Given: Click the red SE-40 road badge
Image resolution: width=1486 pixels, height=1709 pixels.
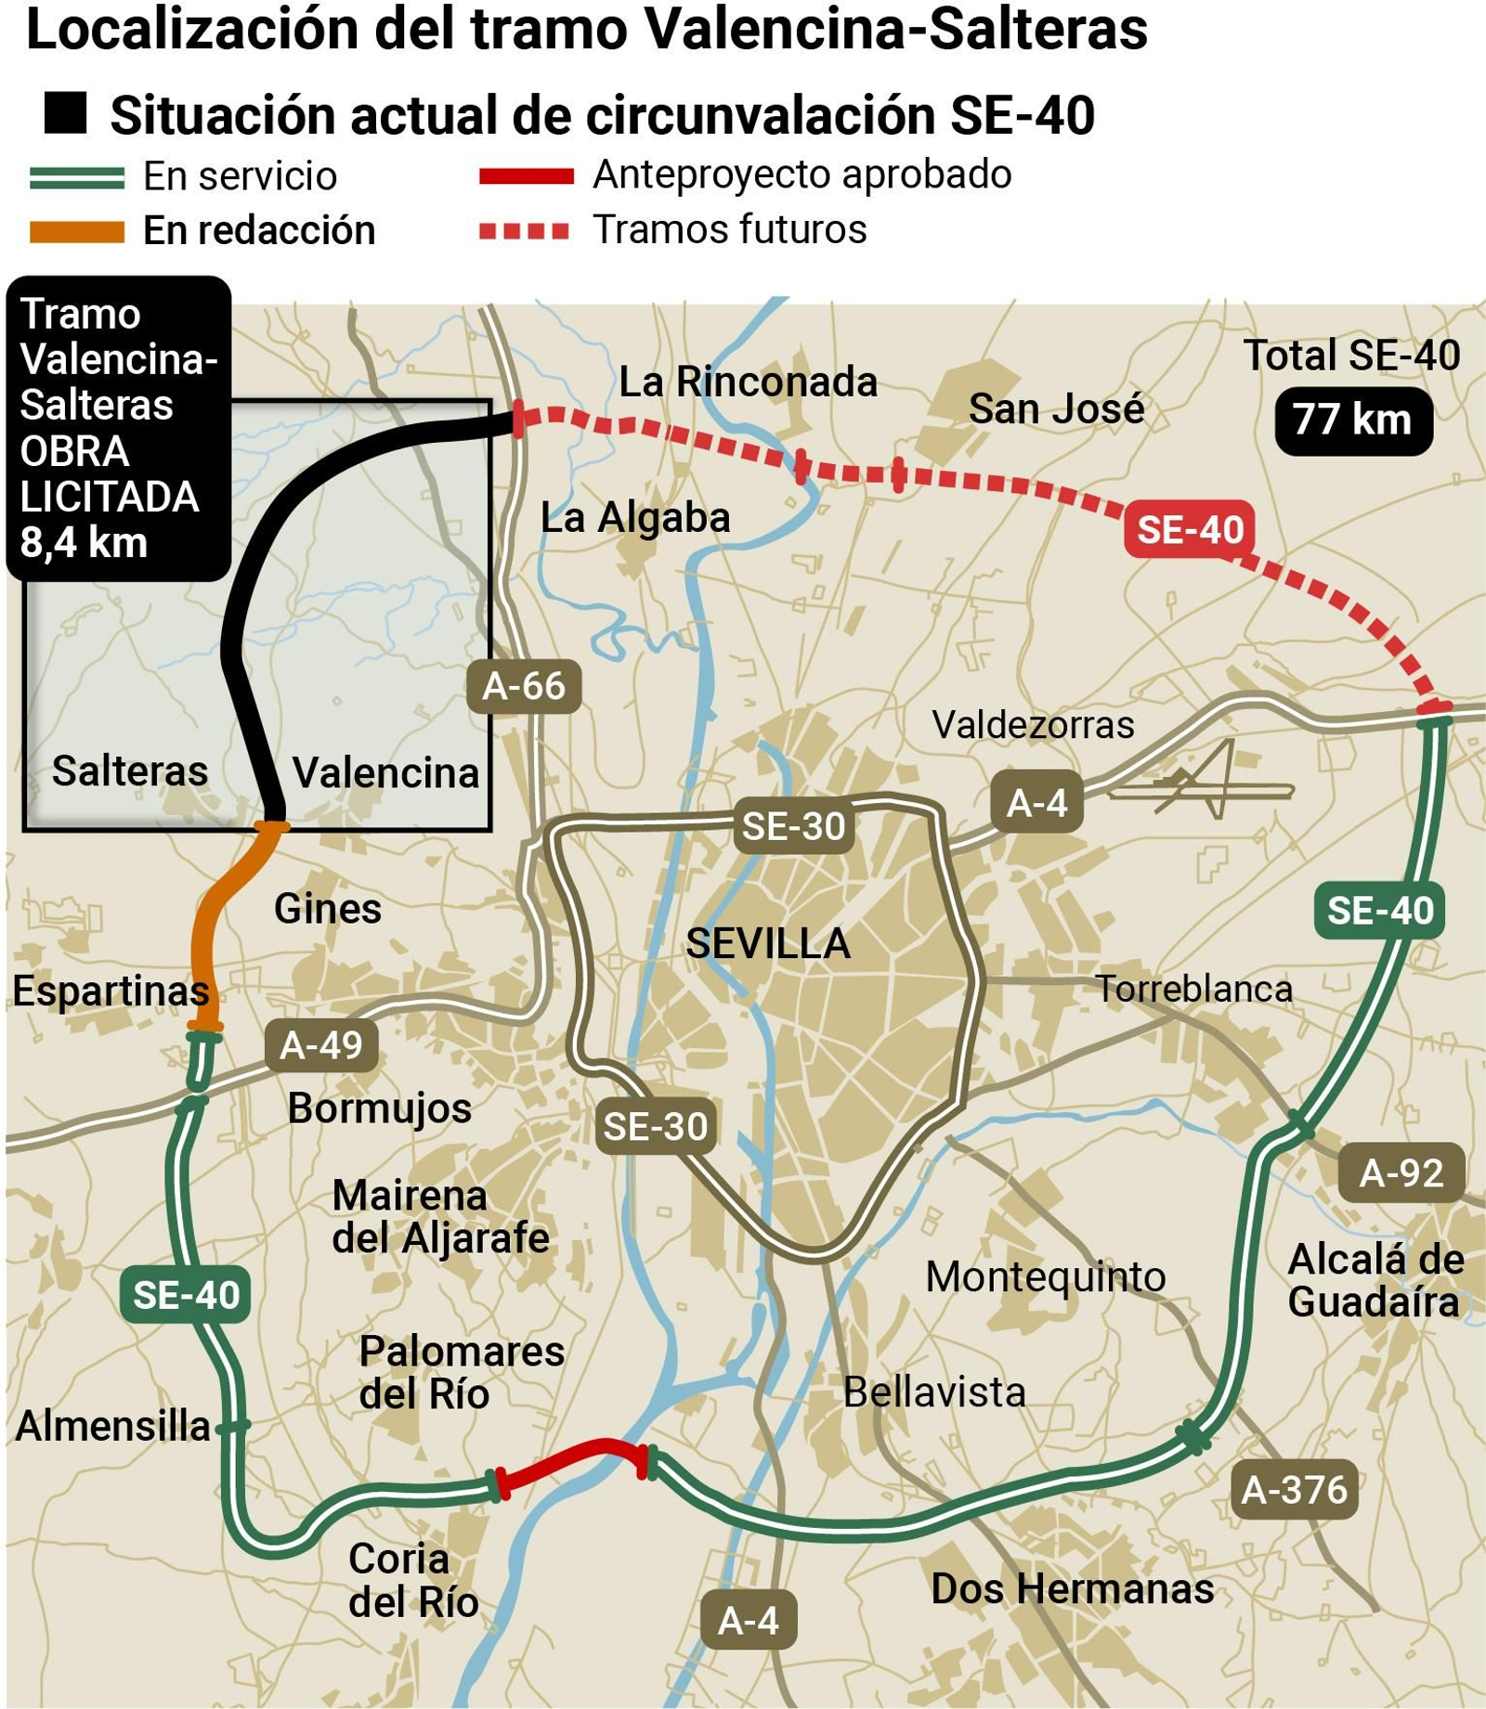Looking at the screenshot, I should pos(1190,529).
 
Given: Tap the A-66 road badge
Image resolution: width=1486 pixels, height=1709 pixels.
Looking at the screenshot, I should pos(524,686).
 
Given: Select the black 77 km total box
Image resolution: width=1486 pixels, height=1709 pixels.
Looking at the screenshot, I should pos(1353,420).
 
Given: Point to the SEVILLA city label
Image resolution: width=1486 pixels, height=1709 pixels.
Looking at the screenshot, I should pos(768,943).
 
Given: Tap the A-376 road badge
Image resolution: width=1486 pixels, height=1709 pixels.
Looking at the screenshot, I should pos(1294,1489).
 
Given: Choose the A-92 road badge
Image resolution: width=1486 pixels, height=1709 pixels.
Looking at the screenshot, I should pos(1401,1173).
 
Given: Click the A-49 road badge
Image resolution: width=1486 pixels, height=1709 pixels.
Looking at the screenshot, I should pos(321,1045).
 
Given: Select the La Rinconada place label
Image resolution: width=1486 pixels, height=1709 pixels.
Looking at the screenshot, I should pos(748,382).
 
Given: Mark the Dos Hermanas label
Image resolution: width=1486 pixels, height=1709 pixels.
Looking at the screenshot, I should pos(1073,1588).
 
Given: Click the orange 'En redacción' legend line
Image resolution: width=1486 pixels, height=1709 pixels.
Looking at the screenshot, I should pos(77,231).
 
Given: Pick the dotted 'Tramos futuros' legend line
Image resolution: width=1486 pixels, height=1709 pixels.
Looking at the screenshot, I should pos(524,230).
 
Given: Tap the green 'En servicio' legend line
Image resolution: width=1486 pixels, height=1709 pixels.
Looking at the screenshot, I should pos(77,177).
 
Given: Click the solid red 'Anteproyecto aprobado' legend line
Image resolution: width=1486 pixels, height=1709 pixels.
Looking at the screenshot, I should pos(526,176).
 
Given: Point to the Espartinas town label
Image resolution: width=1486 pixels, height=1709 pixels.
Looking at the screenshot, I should pos(111,990).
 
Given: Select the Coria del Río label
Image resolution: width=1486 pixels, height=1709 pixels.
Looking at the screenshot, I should pos(412,1580).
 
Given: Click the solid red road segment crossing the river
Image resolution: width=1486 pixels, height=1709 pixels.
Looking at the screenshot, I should pos(571,1458).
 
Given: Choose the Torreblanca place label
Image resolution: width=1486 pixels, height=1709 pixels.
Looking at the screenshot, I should pos(1194,989).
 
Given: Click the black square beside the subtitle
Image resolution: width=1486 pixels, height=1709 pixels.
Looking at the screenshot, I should pos(65,113).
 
